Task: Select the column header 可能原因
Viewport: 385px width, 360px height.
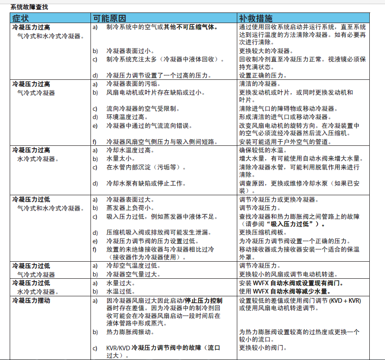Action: (x=109, y=18)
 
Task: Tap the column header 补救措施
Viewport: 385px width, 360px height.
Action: (x=255, y=18)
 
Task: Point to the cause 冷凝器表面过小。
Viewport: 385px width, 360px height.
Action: (x=131, y=51)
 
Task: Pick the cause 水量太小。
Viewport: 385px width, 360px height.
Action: (x=121, y=159)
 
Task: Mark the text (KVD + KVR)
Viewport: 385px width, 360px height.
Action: (x=342, y=300)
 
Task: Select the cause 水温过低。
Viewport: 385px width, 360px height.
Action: (x=121, y=292)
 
